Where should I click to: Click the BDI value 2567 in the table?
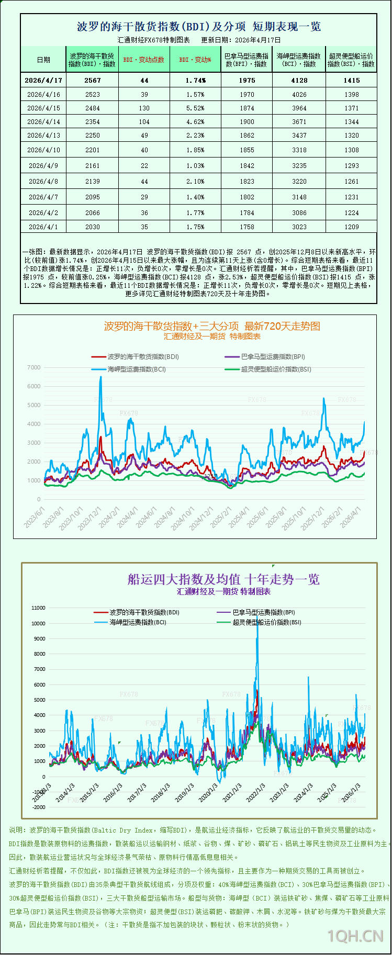pyautogui.click(x=93, y=81)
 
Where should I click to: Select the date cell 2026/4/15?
pyautogui.click(x=43, y=108)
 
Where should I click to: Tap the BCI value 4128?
pyautogui.click(x=299, y=81)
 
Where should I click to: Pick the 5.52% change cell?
pyautogui.click(x=195, y=108)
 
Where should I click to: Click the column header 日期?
pyautogui.click(x=43, y=60)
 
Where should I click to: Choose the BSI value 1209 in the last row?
pyautogui.click(x=352, y=227)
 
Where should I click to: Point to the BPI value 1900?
pyautogui.click(x=247, y=122)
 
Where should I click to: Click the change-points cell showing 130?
pyautogui.click(x=144, y=108)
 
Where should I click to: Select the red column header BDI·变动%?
pyautogui.click(x=195, y=60)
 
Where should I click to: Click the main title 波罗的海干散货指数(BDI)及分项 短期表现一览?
pyautogui.click(x=199, y=27)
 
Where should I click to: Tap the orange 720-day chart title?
pyautogui.click(x=212, y=326)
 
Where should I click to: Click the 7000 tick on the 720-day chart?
pyautogui.click(x=33, y=368)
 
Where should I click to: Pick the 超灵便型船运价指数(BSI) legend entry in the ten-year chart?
pyautogui.click(x=266, y=623)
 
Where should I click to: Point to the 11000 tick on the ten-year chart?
pyautogui.click(x=39, y=608)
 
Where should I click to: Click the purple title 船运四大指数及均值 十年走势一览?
pyautogui.click(x=223, y=579)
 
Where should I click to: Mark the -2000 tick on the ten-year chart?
pyautogui.click(x=39, y=807)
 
